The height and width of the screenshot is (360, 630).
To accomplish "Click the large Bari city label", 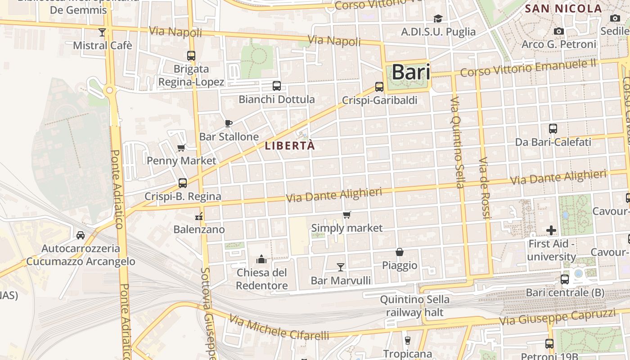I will click(410, 72).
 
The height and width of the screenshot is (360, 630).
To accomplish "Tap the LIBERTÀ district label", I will click(289, 146).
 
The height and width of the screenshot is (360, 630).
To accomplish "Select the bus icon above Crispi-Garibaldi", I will click(379, 87).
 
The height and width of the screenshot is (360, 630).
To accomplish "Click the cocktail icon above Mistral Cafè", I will click(102, 32).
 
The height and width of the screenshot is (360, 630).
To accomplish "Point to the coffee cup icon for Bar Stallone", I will click(229, 123).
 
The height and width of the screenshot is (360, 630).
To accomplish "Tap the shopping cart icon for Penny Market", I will click(181, 148).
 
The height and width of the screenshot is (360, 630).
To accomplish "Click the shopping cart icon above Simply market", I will click(346, 215).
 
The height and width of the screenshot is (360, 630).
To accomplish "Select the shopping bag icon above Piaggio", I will click(399, 252).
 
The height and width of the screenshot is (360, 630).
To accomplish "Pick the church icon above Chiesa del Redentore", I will click(261, 259).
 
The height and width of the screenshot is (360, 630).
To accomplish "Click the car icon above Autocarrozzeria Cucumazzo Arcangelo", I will click(81, 235).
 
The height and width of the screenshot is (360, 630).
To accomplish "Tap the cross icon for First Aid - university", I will click(551, 230).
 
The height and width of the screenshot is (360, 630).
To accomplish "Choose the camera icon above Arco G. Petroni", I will click(559, 31).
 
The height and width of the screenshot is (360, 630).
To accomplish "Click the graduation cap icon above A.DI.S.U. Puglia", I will click(438, 18).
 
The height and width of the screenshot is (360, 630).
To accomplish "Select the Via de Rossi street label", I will click(484, 188).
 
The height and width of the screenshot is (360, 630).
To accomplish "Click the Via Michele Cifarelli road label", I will click(279, 327).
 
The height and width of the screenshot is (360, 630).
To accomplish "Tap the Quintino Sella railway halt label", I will click(414, 306).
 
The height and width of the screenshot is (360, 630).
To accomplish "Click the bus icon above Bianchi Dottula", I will click(277, 86).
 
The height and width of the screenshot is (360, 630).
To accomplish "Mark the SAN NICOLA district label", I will click(563, 9).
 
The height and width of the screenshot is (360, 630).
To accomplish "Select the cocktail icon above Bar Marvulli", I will click(341, 267).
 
